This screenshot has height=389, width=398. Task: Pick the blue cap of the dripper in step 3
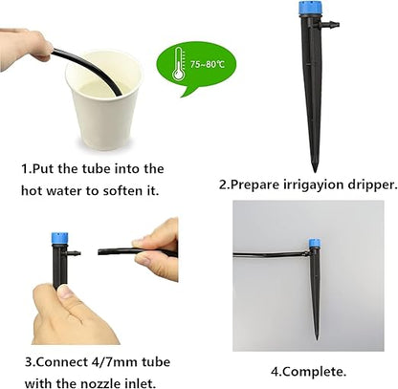[x=60, y=242]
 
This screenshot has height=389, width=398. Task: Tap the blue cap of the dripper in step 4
[x=313, y=244]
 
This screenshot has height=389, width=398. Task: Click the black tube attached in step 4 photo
[x=268, y=253]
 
